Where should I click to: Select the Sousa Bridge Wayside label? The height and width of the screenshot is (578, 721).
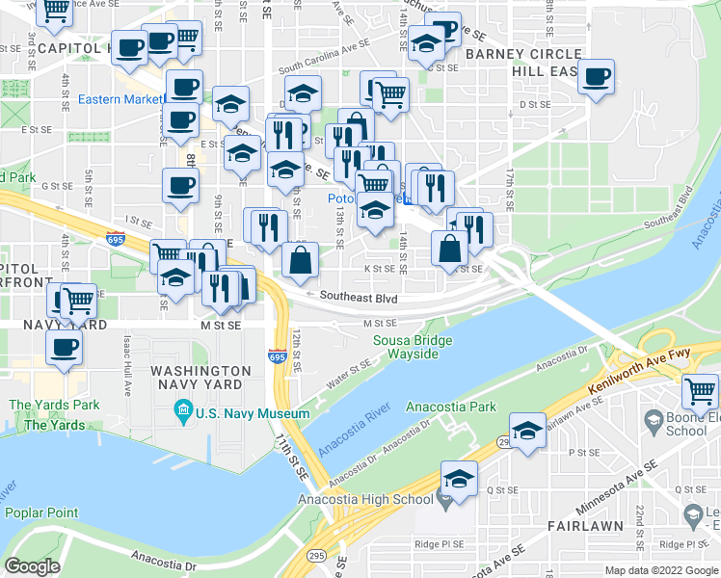pyautogui.click(x=414, y=348)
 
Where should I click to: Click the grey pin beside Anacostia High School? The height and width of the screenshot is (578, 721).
pyautogui.click(x=442, y=499)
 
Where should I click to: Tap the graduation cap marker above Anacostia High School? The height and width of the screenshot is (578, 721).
pyautogui.click(x=460, y=479)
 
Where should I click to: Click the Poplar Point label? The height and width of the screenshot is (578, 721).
pyautogui.click(x=43, y=512)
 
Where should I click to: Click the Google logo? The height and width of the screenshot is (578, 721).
pyautogui.click(x=32, y=566)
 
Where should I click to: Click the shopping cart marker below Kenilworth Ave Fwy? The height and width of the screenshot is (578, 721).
pyautogui.click(x=701, y=390)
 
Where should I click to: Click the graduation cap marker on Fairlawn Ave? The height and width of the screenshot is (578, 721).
pyautogui.click(x=527, y=433)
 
